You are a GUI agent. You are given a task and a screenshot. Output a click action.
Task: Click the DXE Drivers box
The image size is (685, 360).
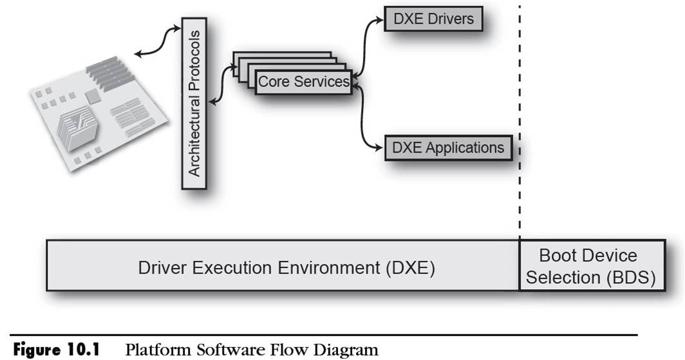click(x=433, y=19)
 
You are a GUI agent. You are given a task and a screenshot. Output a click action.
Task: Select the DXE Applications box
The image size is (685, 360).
click(x=447, y=147)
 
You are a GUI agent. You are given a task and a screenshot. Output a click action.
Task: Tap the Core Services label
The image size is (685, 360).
click(x=303, y=82)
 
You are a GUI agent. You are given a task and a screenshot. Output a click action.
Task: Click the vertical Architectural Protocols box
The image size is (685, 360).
click(x=194, y=103)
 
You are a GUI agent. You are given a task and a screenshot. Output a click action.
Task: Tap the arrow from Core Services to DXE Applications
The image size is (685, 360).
click(x=365, y=119)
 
